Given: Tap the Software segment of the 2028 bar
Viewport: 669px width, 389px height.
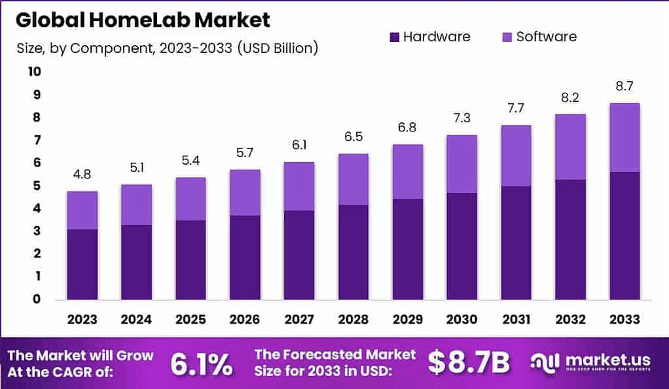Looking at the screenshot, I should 353,179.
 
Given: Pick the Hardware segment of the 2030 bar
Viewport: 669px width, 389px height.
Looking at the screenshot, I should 461,246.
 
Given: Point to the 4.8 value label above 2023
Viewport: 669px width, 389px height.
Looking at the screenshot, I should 82,175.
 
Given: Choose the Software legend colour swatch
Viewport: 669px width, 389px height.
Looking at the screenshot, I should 506,37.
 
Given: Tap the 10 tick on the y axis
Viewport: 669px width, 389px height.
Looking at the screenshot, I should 33,71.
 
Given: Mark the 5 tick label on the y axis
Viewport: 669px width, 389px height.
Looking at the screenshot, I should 37,185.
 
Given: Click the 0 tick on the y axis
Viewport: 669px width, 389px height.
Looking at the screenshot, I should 37,299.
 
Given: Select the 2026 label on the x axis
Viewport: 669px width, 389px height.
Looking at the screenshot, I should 245,319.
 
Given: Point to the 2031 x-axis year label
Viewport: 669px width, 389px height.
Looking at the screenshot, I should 516,319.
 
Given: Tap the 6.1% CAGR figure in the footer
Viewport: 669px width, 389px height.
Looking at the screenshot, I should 201,364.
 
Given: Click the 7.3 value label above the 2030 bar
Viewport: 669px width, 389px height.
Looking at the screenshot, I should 461,118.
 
